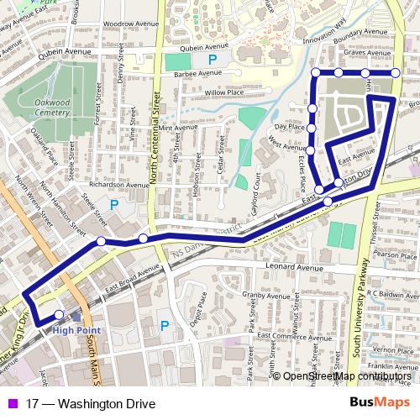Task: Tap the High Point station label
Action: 76,329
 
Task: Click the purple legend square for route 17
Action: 9,403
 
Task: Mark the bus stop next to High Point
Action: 59,315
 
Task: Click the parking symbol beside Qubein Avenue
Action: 212,60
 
